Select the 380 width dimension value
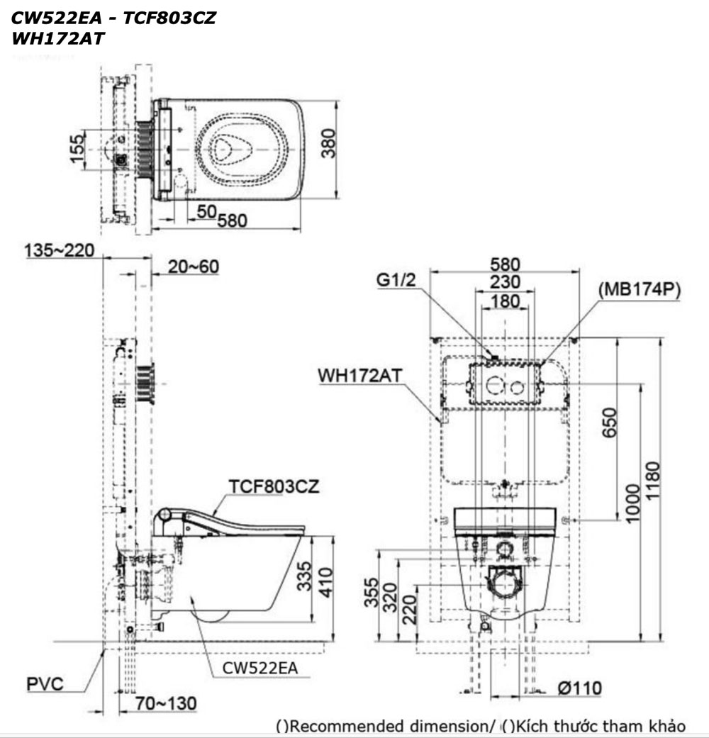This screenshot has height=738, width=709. pyautogui.click(x=327, y=147)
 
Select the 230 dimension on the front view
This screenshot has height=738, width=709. pyautogui.click(x=504, y=282)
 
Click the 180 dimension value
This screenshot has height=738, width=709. pyautogui.click(x=504, y=301)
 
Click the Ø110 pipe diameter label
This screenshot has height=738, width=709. pyautogui.click(x=579, y=688)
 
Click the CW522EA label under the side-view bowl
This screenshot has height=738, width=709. pyautogui.click(x=260, y=668)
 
